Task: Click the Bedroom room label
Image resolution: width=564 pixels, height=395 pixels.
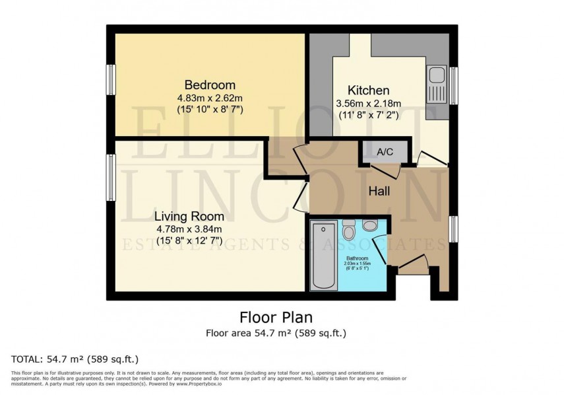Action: pos(210,85)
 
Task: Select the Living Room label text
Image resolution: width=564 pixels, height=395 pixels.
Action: pos(189,216)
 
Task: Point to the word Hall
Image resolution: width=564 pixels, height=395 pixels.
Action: pos(379,191)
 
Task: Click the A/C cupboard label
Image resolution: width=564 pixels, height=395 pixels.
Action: pos(385,152)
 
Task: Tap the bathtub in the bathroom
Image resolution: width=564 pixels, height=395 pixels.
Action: pos(323,255)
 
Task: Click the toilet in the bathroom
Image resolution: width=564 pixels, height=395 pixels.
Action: pos(350,231)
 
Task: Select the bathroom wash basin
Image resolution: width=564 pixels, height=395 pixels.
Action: pos(371,226)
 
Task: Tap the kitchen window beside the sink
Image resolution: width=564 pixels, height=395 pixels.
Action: pos(453,85)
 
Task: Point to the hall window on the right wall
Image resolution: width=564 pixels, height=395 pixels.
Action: pos(453,229)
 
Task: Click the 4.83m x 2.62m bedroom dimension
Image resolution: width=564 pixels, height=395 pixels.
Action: pos(210,98)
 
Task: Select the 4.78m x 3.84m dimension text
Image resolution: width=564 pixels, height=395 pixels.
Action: pos(189,229)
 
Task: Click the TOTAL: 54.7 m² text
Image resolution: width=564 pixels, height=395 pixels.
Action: pos(75,359)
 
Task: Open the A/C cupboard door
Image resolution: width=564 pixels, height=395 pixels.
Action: pos(391,170)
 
